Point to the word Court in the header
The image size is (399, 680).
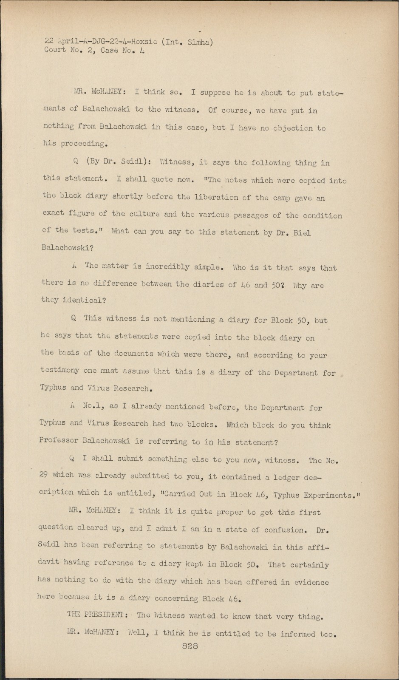(x=55, y=50)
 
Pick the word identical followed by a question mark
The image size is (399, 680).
(x=82, y=300)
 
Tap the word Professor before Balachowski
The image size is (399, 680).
(x=60, y=441)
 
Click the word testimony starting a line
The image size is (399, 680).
(x=60, y=370)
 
